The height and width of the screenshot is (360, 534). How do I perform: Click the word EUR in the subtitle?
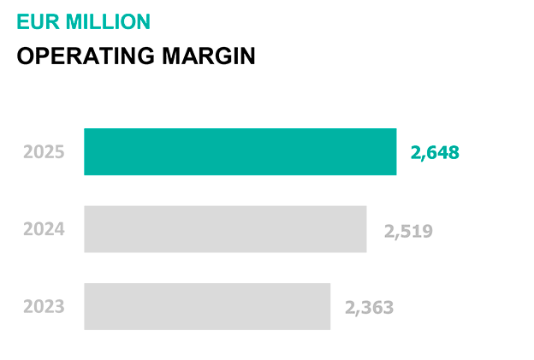[35, 22]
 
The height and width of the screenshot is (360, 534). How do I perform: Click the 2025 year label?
[44, 153]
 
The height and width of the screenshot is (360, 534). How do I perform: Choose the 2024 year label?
[44, 229]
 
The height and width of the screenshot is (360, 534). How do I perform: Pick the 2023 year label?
[44, 306]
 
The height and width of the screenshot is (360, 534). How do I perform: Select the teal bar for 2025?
[240, 152]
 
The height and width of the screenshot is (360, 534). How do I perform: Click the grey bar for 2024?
[225, 229]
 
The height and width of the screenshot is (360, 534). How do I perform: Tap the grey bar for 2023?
[207, 306]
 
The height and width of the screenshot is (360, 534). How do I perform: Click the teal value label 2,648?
[435, 153]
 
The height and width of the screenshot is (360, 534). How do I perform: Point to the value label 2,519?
[408, 231]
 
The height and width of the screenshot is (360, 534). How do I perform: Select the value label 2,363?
[370, 307]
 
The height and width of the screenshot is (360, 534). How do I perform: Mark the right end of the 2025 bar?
[395, 152]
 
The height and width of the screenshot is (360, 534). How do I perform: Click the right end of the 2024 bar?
[365, 229]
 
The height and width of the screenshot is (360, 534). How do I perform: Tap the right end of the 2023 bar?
[329, 306]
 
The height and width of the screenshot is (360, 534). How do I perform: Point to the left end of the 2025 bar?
[86, 152]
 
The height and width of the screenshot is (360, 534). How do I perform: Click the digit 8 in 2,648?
[454, 153]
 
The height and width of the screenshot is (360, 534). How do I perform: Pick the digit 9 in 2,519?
[427, 231]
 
